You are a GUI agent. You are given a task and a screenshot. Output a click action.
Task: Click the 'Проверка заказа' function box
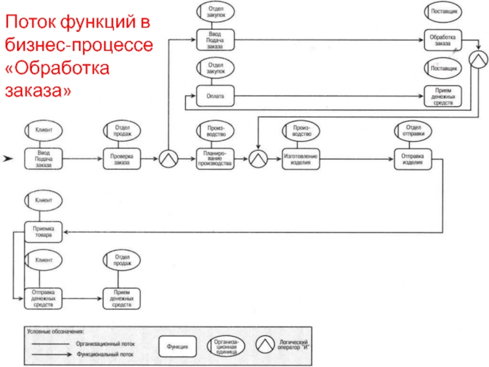coord(121,158)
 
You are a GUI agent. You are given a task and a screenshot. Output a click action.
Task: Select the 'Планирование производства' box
coord(213,158)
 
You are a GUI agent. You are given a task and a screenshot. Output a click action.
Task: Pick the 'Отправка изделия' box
coord(412,158)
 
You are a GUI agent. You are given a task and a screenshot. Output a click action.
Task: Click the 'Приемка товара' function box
coord(43,232)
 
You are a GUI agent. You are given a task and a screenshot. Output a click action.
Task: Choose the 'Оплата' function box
coord(213,95)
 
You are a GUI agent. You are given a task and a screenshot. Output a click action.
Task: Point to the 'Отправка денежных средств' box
coord(43,298)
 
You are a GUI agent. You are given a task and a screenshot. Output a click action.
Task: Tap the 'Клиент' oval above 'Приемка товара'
coord(43,199)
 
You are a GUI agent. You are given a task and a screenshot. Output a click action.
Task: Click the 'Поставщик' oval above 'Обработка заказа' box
coord(443,11)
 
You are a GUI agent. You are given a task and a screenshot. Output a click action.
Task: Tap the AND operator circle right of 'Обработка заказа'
coord(479,59)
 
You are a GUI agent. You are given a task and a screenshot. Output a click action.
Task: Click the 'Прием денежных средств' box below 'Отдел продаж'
coord(121,298)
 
